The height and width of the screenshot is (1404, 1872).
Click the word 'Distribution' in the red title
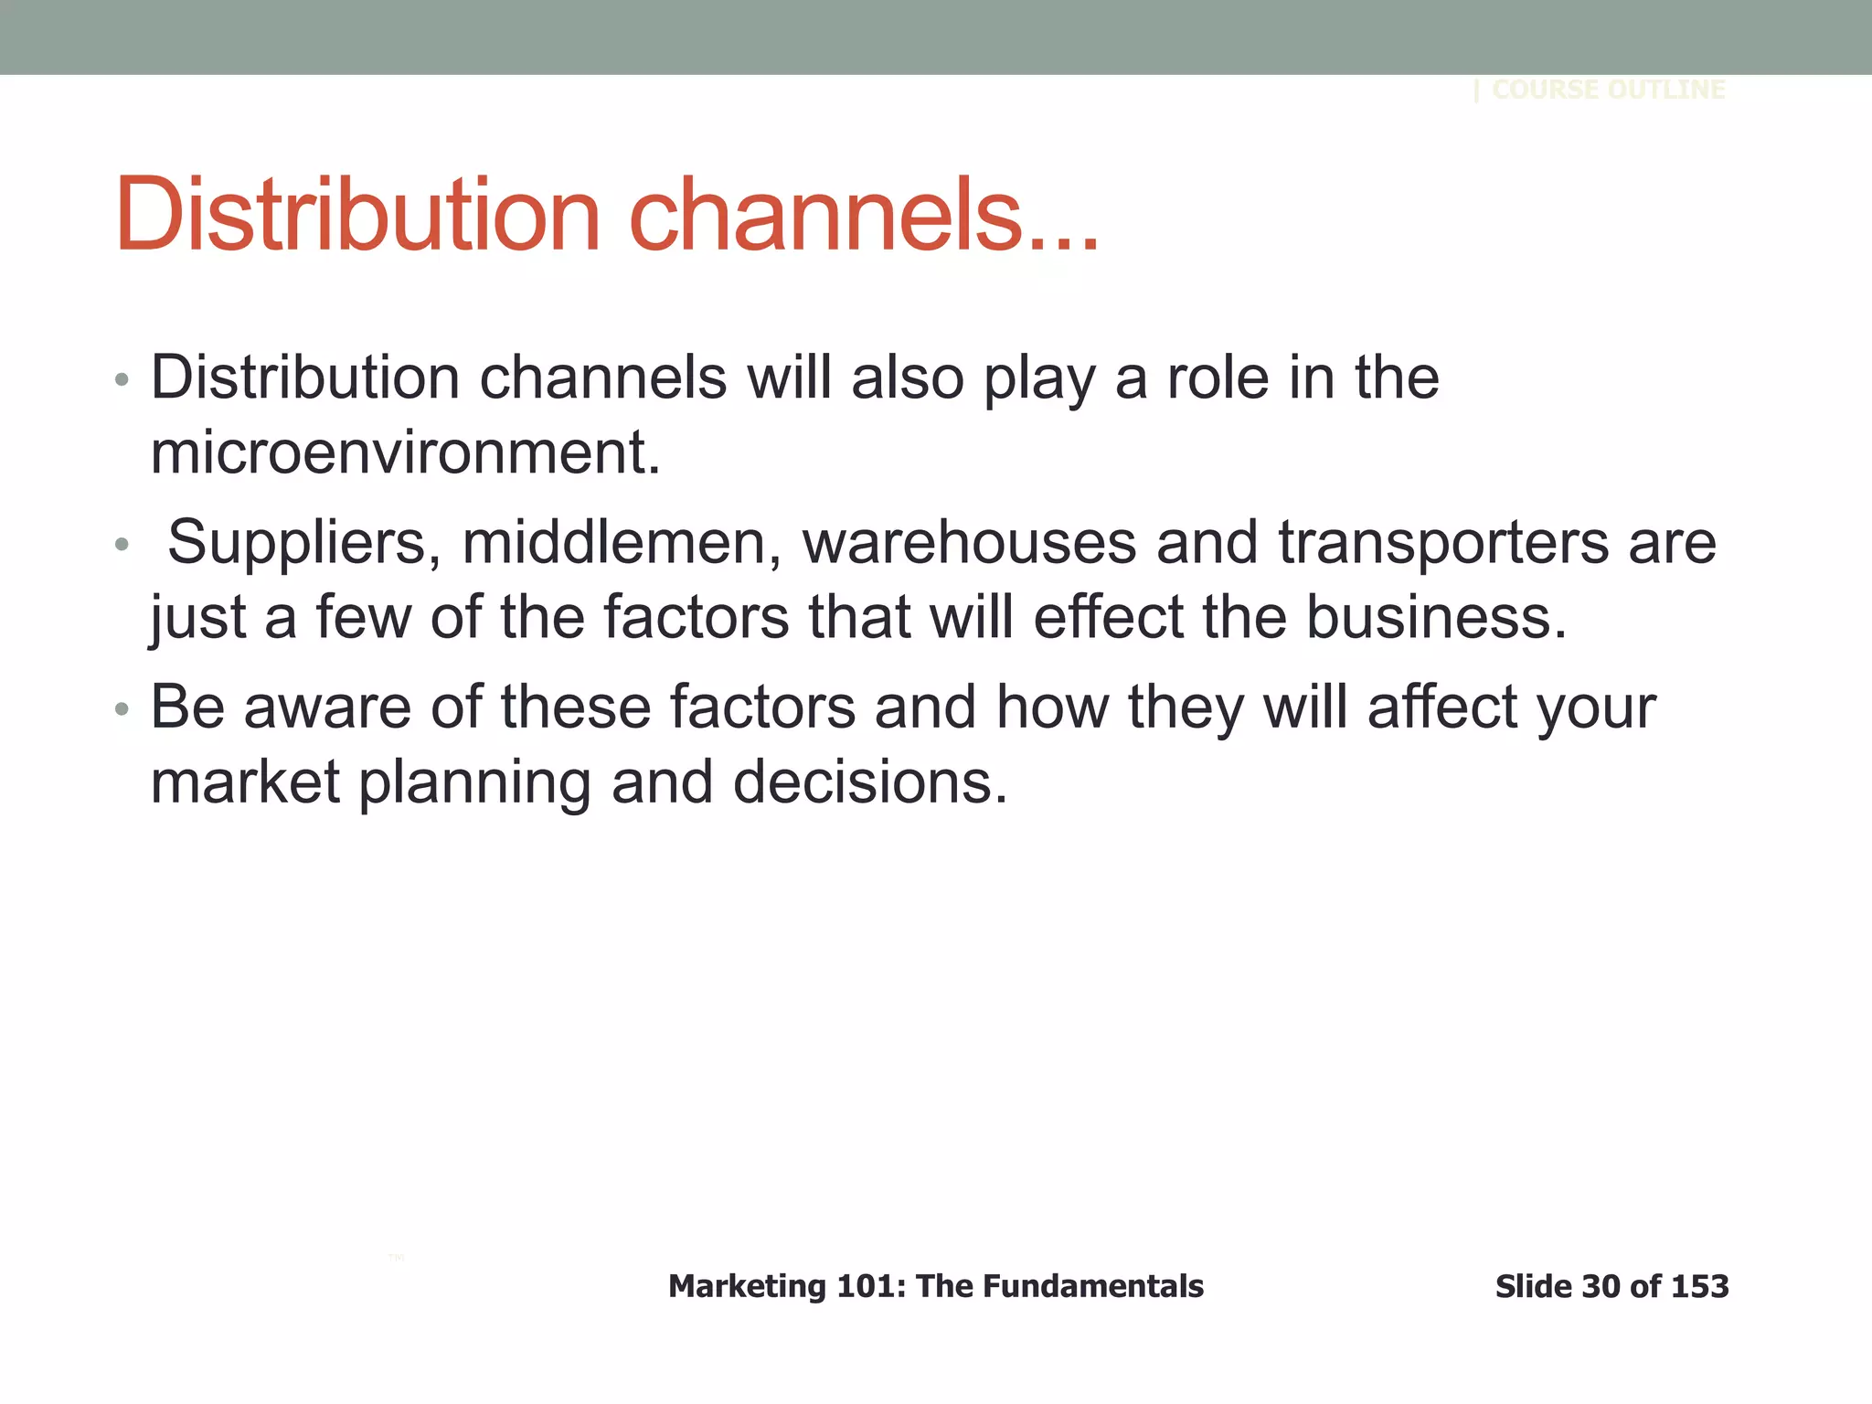click(356, 215)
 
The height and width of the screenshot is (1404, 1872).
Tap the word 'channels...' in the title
click(864, 215)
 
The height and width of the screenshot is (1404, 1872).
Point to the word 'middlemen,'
click(622, 542)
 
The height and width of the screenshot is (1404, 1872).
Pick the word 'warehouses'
click(969, 542)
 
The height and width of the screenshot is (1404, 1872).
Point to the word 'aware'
click(327, 707)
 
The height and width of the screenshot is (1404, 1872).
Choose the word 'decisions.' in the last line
click(870, 782)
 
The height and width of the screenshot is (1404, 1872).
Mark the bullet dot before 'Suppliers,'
click(122, 546)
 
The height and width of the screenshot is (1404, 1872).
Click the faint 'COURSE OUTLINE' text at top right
click(1608, 90)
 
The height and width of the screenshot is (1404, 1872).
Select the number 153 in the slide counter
click(1699, 1287)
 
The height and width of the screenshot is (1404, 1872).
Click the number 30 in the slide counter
click(1601, 1287)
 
